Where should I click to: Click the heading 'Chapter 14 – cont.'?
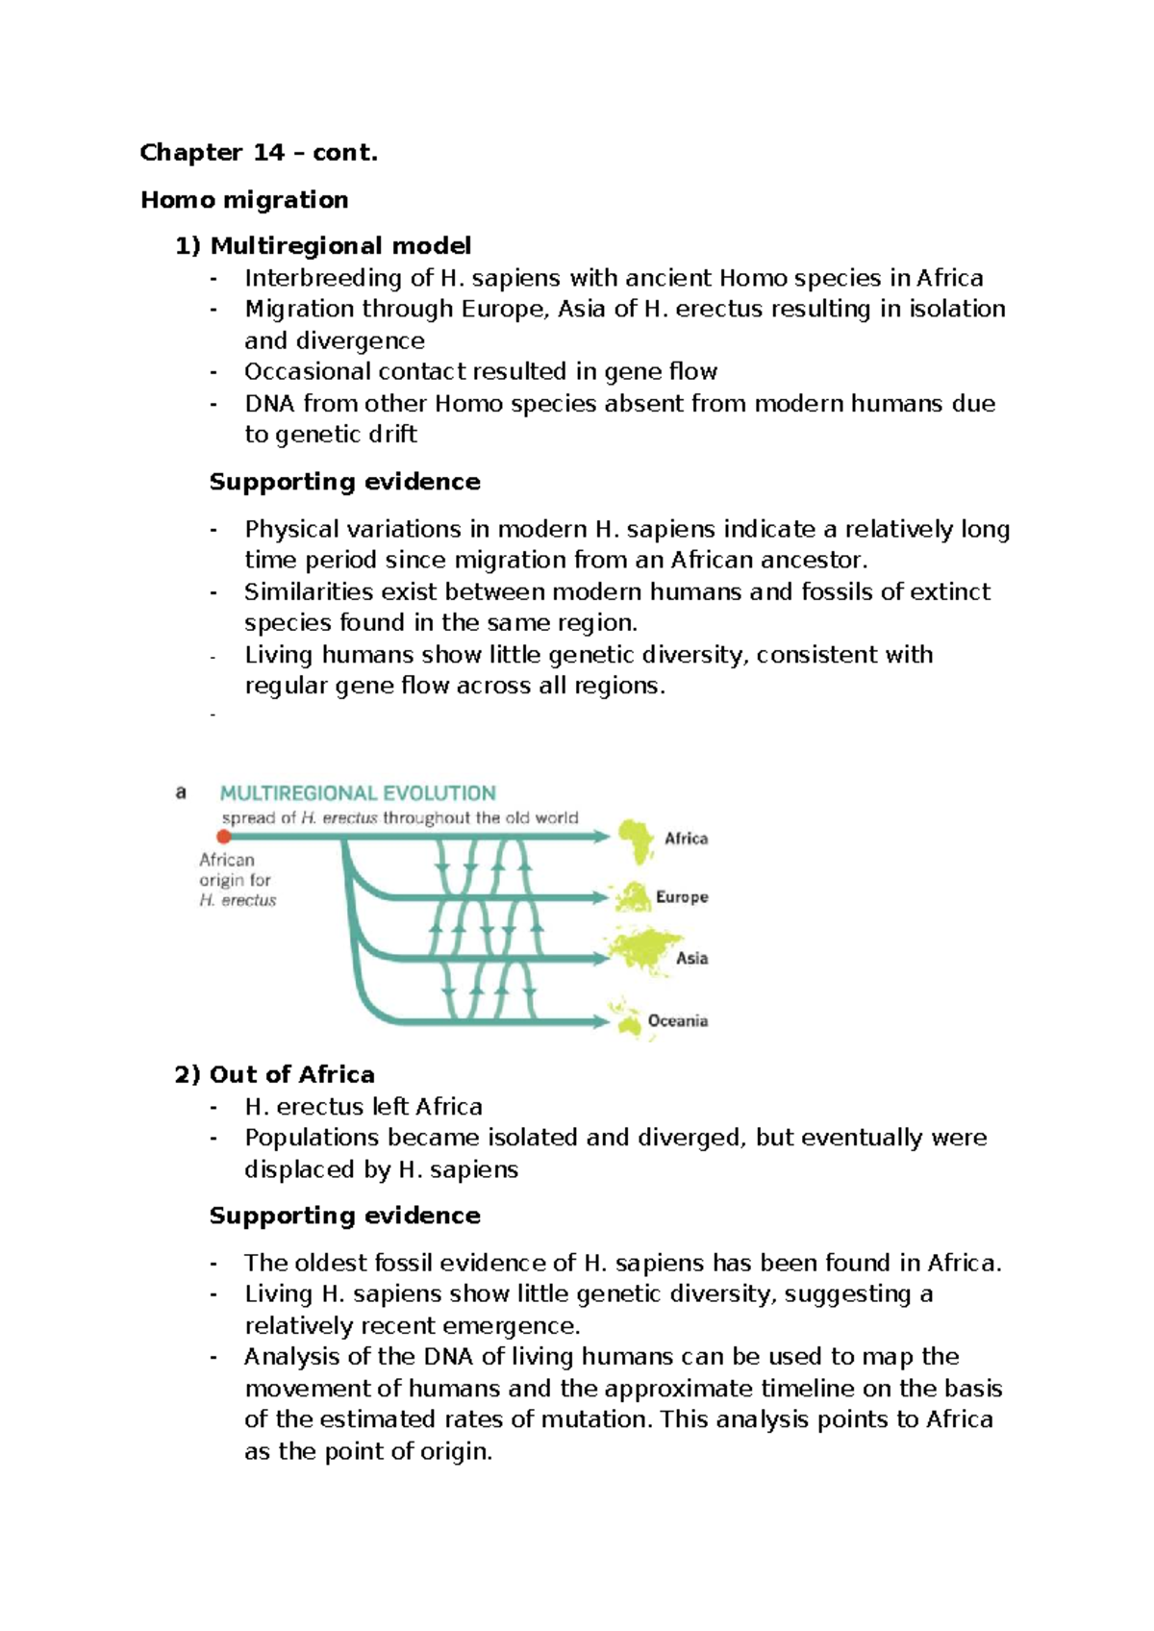point(259,153)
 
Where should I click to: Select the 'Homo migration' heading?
point(244,200)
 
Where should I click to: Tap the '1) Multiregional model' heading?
point(323,246)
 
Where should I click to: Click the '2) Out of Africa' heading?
point(275,1074)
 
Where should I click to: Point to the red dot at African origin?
point(224,837)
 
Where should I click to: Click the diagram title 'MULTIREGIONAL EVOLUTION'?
point(358,793)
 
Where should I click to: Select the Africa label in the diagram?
point(686,839)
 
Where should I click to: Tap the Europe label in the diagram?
point(682,897)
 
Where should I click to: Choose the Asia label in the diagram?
point(691,958)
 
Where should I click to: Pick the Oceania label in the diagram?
point(678,1020)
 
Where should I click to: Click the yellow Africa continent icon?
point(635,841)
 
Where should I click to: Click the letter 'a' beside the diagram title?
point(181,793)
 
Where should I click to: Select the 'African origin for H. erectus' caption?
point(237,880)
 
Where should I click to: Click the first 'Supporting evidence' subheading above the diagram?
point(344,482)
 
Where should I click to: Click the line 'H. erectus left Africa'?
point(364,1107)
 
